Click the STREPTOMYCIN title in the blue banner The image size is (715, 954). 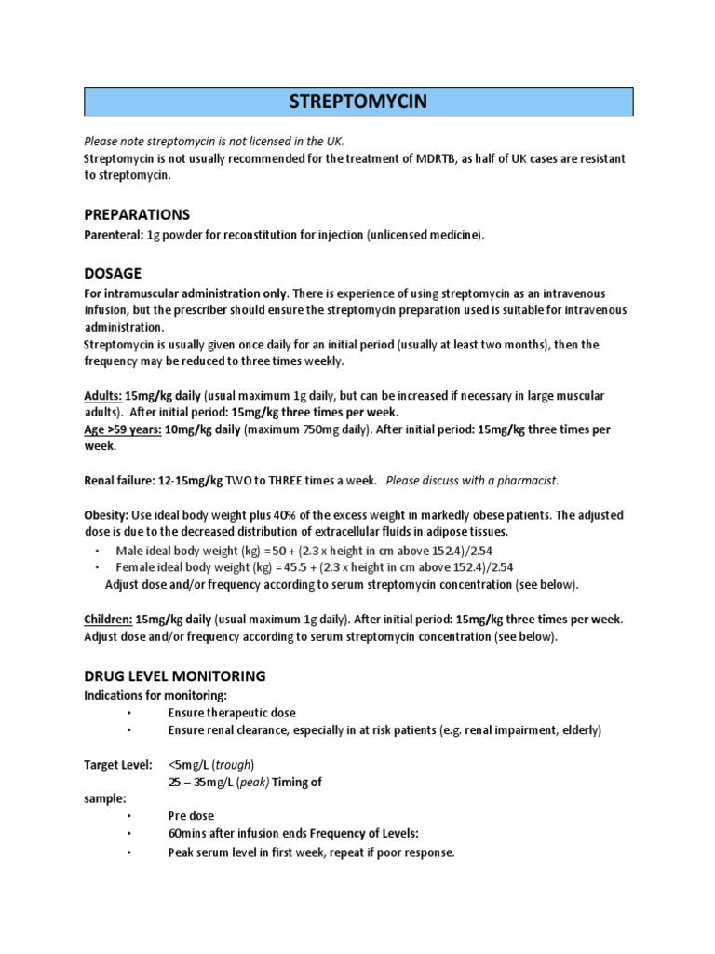point(358,102)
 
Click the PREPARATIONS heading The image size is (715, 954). point(137,214)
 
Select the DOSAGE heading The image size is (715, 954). point(113,273)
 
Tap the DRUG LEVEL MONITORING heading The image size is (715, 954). point(175,675)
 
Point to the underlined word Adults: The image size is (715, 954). point(103,396)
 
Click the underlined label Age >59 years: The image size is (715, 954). point(123,430)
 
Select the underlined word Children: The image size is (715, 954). point(108,620)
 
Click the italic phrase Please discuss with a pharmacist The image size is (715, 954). point(472,481)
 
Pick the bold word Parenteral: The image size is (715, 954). point(114,236)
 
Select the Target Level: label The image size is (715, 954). point(118,765)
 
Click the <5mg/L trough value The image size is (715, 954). point(190,765)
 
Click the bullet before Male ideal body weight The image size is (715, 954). point(98,551)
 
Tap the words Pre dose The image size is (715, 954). point(192,816)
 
